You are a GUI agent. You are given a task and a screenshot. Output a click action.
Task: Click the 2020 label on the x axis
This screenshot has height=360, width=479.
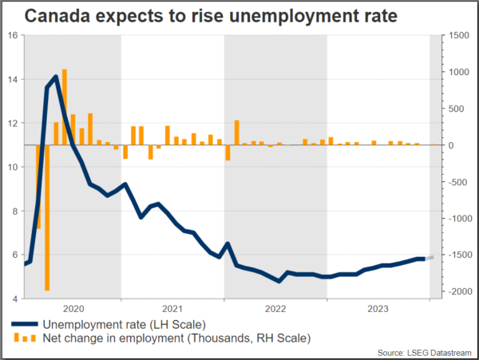(73, 308)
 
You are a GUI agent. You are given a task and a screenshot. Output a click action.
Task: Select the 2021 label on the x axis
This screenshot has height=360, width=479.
(172, 308)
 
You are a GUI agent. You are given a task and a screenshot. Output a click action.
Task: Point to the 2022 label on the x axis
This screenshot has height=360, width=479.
(275, 308)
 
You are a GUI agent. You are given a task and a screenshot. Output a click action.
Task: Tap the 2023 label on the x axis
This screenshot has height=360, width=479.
(378, 308)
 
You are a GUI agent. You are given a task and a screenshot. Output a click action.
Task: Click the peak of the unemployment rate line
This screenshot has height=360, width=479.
(55, 77)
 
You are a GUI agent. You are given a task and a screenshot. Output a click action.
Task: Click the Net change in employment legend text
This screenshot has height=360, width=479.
(175, 338)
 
